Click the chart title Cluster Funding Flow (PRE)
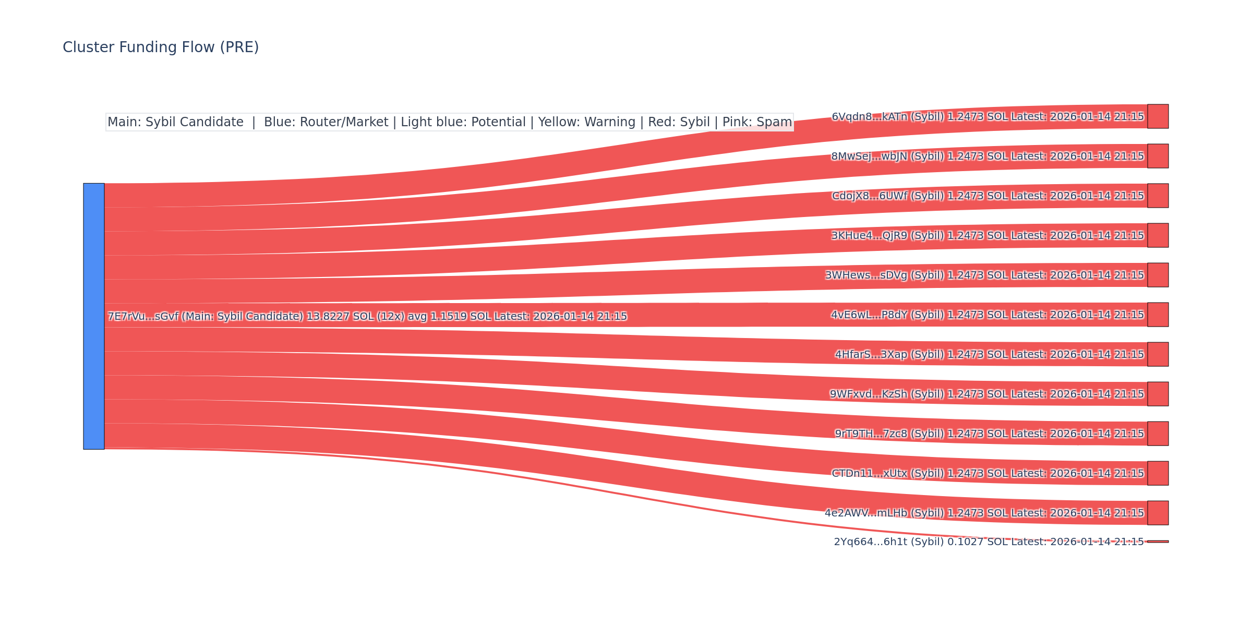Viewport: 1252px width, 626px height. tap(161, 47)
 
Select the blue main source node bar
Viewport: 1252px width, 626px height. tap(94, 316)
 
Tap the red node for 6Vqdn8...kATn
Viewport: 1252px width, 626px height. tap(1158, 116)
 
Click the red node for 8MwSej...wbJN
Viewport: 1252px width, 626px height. tap(1158, 156)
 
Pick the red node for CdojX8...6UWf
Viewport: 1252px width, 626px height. tap(1158, 196)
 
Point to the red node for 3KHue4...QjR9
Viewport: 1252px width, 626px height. tap(1158, 235)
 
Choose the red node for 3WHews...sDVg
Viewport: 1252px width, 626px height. tap(1158, 275)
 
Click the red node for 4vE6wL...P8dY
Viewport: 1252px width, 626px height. tap(1158, 315)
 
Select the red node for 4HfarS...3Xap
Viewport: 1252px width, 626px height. tap(1158, 354)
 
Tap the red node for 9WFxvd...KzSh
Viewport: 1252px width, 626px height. tap(1158, 394)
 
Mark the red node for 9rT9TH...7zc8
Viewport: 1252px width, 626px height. tap(1158, 434)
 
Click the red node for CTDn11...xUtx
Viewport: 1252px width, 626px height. tap(1158, 473)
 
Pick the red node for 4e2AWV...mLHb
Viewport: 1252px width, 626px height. tap(1158, 513)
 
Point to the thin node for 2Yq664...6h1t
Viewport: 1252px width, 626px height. tap(1158, 541)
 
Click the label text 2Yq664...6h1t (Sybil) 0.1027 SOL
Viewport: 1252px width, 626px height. tap(939, 542)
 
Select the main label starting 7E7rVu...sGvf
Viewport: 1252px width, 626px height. tap(367, 317)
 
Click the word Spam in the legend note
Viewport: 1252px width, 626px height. tap(775, 122)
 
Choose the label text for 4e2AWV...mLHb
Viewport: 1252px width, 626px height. tap(984, 513)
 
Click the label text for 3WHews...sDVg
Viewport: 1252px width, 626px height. tap(984, 275)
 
